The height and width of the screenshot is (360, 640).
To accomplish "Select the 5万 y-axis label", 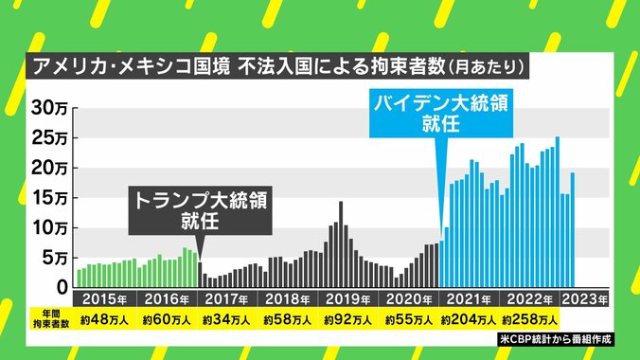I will coord(50,258).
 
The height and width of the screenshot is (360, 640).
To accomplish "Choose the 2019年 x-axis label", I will coord(347,297).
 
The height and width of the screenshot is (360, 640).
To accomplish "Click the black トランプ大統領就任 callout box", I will coord(200,210).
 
